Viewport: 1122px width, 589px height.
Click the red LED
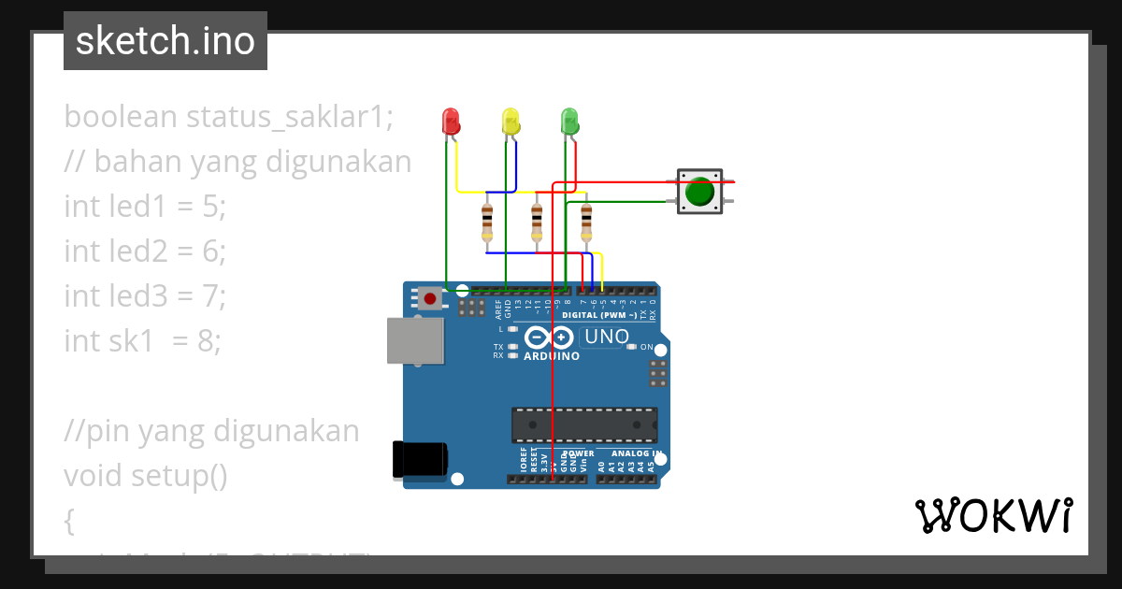[x=450, y=122]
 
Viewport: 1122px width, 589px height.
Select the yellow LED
[x=510, y=122]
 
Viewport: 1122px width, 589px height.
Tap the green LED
[x=568, y=122]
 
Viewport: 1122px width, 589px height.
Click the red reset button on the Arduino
[x=429, y=299]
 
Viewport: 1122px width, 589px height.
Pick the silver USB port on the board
[x=416, y=339]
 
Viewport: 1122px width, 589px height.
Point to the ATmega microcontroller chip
[x=583, y=425]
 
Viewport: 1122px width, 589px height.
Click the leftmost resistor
[x=487, y=222]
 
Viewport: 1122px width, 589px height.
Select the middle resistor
[x=537, y=222]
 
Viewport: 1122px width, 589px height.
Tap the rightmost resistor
[x=586, y=222]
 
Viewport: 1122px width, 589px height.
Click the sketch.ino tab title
[x=165, y=41]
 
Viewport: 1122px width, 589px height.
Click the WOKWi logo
[x=993, y=516]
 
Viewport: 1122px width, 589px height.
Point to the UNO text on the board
[x=606, y=337]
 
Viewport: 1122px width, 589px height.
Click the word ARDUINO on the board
[x=552, y=356]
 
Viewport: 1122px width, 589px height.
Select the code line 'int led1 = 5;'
[x=145, y=207]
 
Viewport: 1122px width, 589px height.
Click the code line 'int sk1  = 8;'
[x=142, y=341]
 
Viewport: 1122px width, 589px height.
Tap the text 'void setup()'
[x=146, y=476]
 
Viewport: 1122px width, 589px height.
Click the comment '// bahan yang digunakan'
[x=237, y=162]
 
